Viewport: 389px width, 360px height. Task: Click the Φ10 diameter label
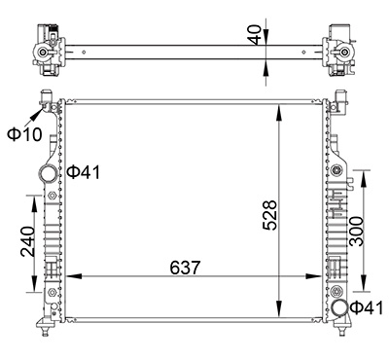coord(24,133)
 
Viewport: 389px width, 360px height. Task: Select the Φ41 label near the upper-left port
coord(84,173)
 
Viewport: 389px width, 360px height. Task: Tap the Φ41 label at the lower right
coord(367,308)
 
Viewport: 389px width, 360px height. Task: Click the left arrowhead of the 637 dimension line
coord(67,277)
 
